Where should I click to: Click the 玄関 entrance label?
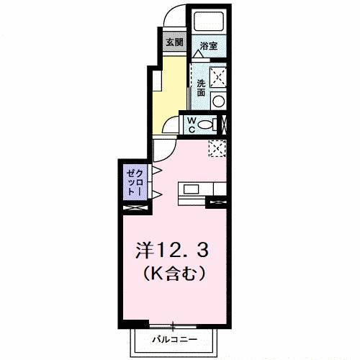click(x=174, y=42)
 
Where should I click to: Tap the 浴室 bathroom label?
click(x=209, y=45)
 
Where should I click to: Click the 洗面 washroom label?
click(x=201, y=87)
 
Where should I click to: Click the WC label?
click(x=192, y=125)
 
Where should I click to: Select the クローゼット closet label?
click(x=134, y=182)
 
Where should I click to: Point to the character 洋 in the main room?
click(x=145, y=250)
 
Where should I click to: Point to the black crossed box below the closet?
click(x=135, y=208)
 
